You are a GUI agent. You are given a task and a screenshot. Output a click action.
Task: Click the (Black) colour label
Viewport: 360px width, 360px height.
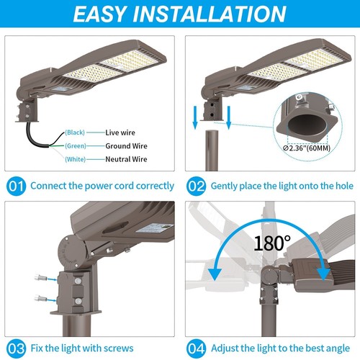[75, 132]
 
